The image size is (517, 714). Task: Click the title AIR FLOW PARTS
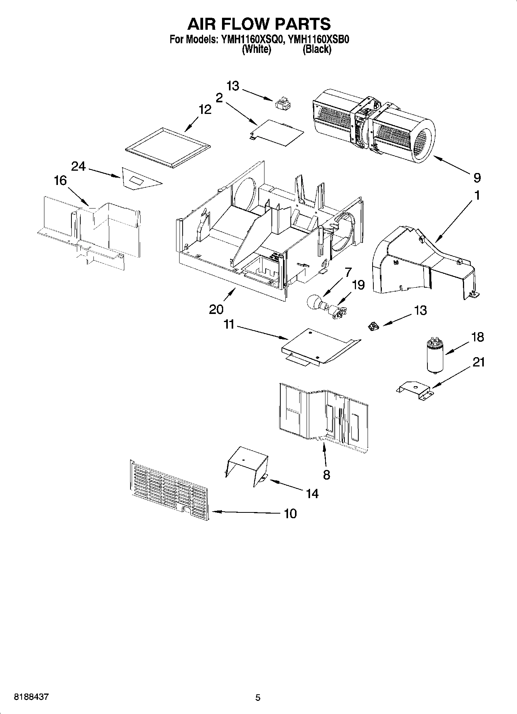coord(259,24)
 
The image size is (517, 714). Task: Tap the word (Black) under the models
coord(317,49)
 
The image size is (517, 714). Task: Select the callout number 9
coord(477,178)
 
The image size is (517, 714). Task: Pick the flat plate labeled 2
coord(276,132)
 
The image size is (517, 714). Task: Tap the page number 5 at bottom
coord(258,697)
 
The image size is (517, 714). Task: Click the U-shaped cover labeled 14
coord(246,465)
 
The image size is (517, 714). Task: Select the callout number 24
coord(78,166)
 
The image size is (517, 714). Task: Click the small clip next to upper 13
coord(283,104)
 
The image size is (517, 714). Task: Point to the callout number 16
coord(60,180)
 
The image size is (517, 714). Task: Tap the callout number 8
coord(327,474)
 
